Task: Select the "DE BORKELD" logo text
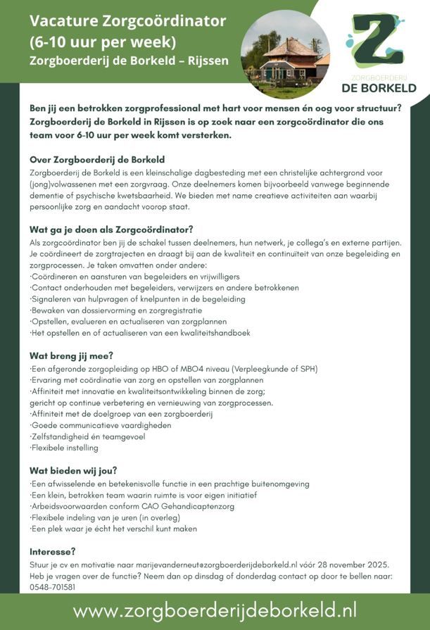379,88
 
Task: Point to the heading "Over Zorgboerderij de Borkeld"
97,160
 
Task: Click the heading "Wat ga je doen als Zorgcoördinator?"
111,229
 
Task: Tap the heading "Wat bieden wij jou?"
73,470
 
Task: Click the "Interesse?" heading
52,551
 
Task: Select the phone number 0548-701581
53,587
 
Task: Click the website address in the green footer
215,609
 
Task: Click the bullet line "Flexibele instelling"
64,448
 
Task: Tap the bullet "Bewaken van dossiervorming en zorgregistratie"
116,310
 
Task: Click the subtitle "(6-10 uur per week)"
103,41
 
